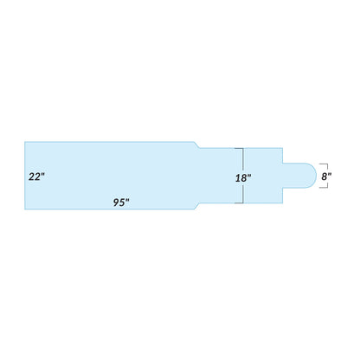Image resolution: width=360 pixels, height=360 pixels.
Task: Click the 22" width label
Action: pos(36,176)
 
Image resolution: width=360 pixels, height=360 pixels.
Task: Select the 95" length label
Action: pos(121,202)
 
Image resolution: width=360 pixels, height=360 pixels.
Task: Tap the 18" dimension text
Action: pos(243,177)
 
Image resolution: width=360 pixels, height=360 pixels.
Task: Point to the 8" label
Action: pos(326,176)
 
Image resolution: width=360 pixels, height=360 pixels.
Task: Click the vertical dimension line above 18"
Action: pos(243,158)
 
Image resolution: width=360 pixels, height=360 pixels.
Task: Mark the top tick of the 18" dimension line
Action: pos(243,148)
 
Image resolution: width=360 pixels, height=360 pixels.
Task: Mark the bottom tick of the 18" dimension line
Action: pos(243,203)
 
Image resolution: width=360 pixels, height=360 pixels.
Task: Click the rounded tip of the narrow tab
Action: pos(314,176)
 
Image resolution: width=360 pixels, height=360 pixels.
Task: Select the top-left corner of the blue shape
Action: pos(24,141)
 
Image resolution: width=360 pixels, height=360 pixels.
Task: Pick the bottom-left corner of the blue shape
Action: pos(24,210)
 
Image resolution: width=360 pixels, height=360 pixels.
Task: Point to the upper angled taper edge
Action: pos(197,145)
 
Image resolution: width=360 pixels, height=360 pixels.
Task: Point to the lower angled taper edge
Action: pos(197,207)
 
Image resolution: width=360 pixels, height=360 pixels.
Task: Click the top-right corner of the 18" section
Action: pos(284,148)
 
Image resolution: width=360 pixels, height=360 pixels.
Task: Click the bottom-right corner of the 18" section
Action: pos(284,203)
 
